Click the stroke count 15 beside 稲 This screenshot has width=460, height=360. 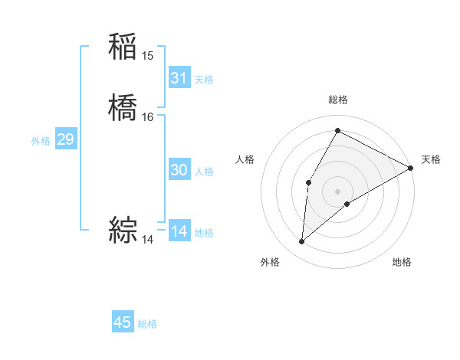148,55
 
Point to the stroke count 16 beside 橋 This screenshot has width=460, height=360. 148,116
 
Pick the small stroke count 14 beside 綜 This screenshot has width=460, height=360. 148,239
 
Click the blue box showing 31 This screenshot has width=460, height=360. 179,78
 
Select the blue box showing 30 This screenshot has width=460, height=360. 179,170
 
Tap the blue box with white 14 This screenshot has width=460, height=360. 179,231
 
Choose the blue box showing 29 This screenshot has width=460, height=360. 65,139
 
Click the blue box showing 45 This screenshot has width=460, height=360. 123,322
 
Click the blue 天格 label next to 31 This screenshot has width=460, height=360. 204,80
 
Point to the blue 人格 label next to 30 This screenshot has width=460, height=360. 204,172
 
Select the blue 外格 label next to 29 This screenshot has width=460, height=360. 41,141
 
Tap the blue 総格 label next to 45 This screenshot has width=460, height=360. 147,324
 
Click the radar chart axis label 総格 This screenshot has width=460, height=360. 337,100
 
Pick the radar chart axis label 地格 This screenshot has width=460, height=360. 402,262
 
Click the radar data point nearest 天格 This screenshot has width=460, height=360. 411,168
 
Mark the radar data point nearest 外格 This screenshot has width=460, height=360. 302,242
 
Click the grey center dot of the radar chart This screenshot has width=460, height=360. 337,191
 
